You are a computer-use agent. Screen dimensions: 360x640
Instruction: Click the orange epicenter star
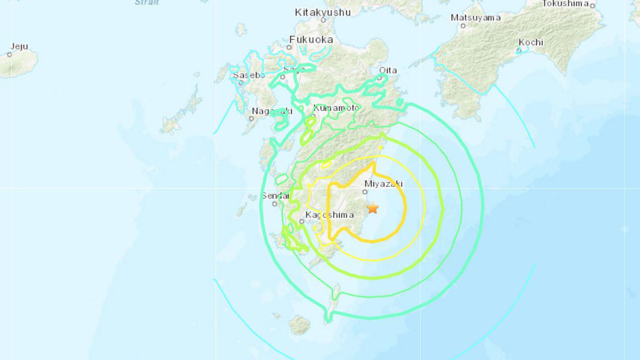click(372, 208)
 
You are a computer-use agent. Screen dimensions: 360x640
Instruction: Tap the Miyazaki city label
click(383, 183)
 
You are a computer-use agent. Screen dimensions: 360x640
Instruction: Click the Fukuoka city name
click(311, 39)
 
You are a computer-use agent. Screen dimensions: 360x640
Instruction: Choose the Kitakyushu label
click(323, 12)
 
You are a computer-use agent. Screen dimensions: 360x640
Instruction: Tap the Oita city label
click(388, 70)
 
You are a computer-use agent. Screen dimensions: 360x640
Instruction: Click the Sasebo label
click(249, 75)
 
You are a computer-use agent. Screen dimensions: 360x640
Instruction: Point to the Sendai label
click(275, 196)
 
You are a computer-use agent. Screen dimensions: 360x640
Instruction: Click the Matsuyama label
click(476, 18)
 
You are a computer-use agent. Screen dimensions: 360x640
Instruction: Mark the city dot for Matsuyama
click(463, 25)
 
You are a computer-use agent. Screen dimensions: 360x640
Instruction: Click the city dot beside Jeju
click(10, 54)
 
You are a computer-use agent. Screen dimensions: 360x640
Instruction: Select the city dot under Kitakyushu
click(323, 20)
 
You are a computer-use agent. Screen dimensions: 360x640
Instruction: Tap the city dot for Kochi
click(518, 50)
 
